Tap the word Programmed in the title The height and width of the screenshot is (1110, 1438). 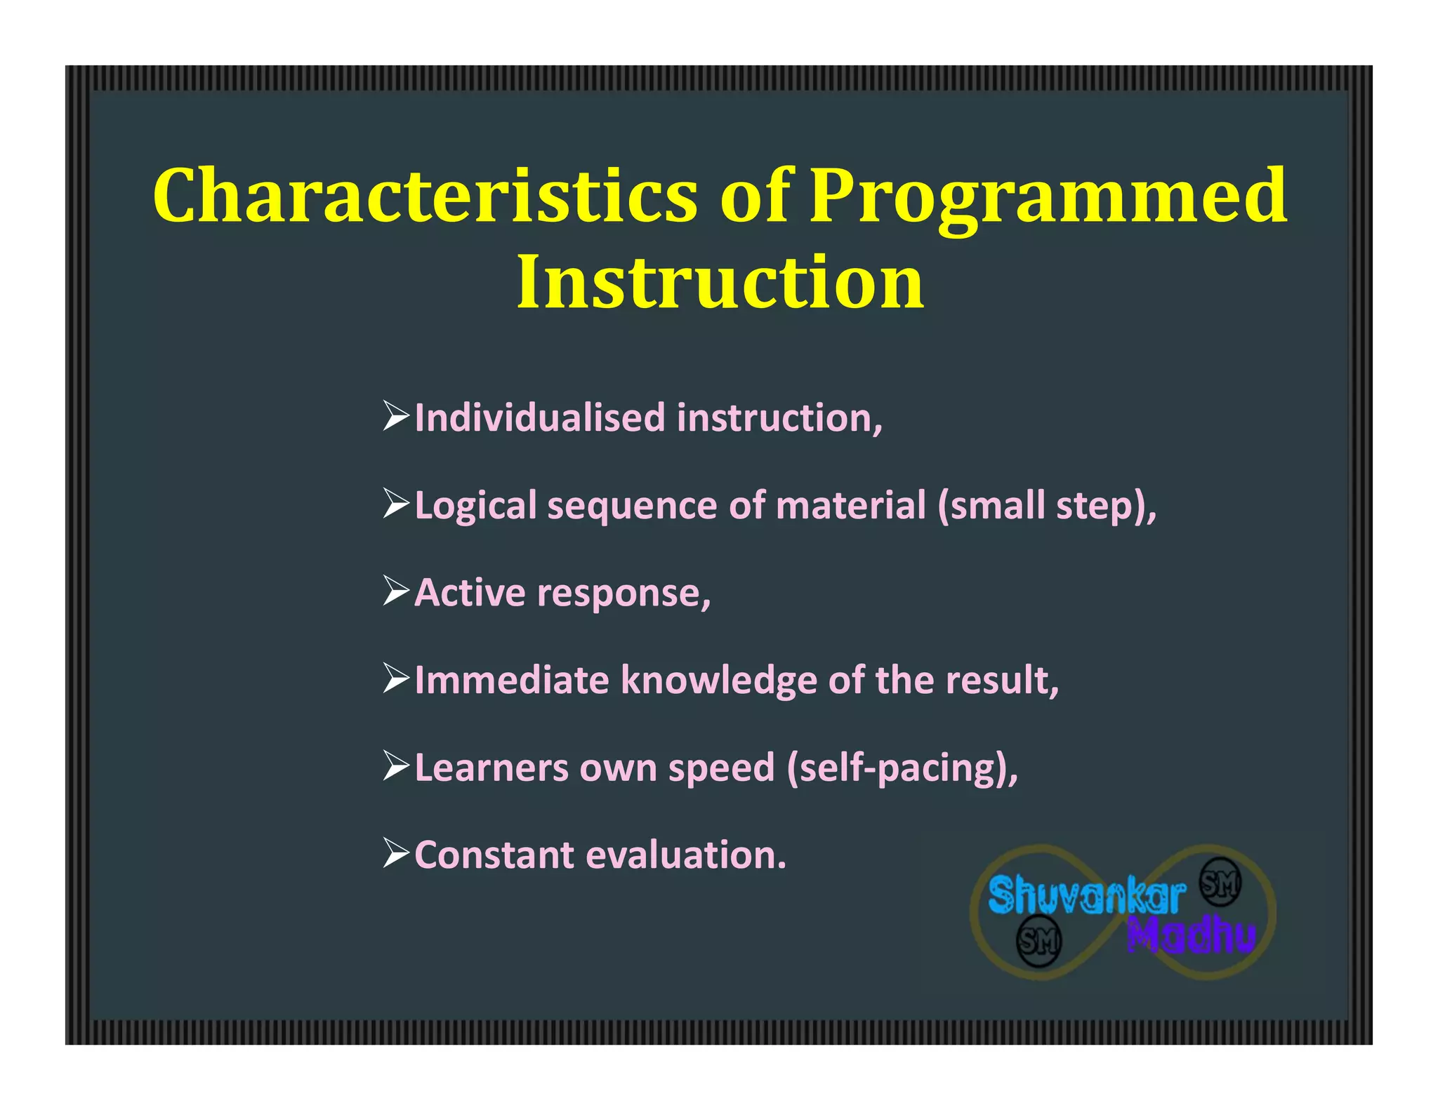tap(1048, 199)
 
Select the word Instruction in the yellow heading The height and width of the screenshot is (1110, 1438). tap(720, 282)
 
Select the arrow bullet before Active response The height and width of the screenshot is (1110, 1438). tap(396, 591)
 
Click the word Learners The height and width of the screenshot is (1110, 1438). tap(491, 768)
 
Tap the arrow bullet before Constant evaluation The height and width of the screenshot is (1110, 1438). tap(396, 853)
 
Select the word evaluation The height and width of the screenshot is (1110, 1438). tap(685, 855)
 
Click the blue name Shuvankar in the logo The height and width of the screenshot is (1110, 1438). tap(1086, 897)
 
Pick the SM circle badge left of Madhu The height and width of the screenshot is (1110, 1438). tap(1039, 940)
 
